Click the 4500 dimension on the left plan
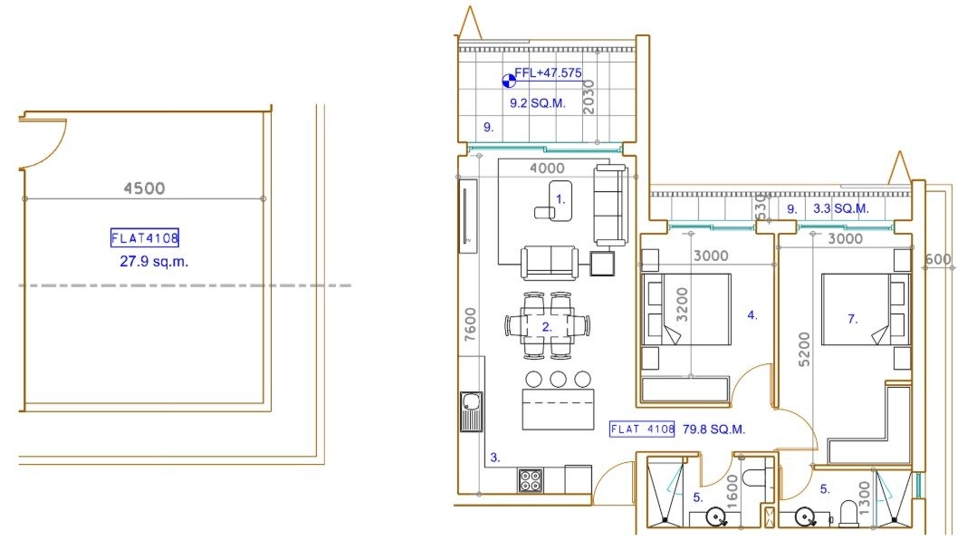click(x=144, y=188)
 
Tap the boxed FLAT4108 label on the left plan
click(x=145, y=237)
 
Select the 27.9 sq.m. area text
click(x=154, y=262)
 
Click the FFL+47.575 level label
click(x=548, y=72)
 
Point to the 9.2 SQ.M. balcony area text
click(x=537, y=103)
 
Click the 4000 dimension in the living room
click(x=547, y=168)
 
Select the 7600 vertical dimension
click(x=471, y=324)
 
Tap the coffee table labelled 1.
click(x=554, y=201)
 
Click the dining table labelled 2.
click(x=547, y=326)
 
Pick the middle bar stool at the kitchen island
click(x=558, y=379)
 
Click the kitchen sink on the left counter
click(x=472, y=411)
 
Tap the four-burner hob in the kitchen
click(x=531, y=480)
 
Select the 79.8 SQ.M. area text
click(x=713, y=429)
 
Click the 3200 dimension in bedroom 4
click(x=682, y=304)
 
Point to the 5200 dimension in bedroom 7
click(x=804, y=350)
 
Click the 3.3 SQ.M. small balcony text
click(x=840, y=208)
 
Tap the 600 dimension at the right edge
click(x=938, y=259)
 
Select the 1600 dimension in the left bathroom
click(x=732, y=491)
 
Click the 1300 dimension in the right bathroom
click(x=864, y=498)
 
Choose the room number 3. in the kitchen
click(x=494, y=458)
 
